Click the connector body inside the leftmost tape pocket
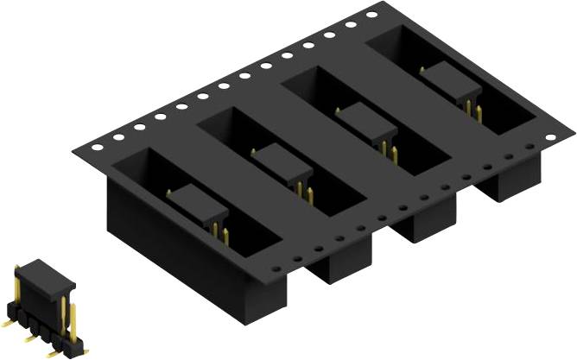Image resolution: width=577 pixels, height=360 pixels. (x=198, y=205)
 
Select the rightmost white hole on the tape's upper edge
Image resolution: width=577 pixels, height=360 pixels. (x=371, y=16)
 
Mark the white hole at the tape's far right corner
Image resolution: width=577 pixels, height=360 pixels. (x=547, y=135)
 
